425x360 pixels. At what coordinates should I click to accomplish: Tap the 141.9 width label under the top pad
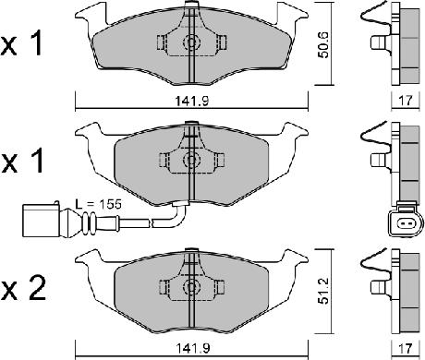pos(192,101)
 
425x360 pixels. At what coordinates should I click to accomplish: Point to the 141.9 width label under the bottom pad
pos(192,348)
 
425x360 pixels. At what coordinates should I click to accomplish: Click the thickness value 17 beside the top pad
pos(406,101)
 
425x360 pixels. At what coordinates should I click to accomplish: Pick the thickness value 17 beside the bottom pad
pos(406,348)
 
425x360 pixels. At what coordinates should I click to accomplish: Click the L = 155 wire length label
pos(99,204)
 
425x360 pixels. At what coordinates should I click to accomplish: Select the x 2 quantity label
pos(24,288)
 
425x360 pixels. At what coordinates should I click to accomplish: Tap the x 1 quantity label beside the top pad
pos(21,44)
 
